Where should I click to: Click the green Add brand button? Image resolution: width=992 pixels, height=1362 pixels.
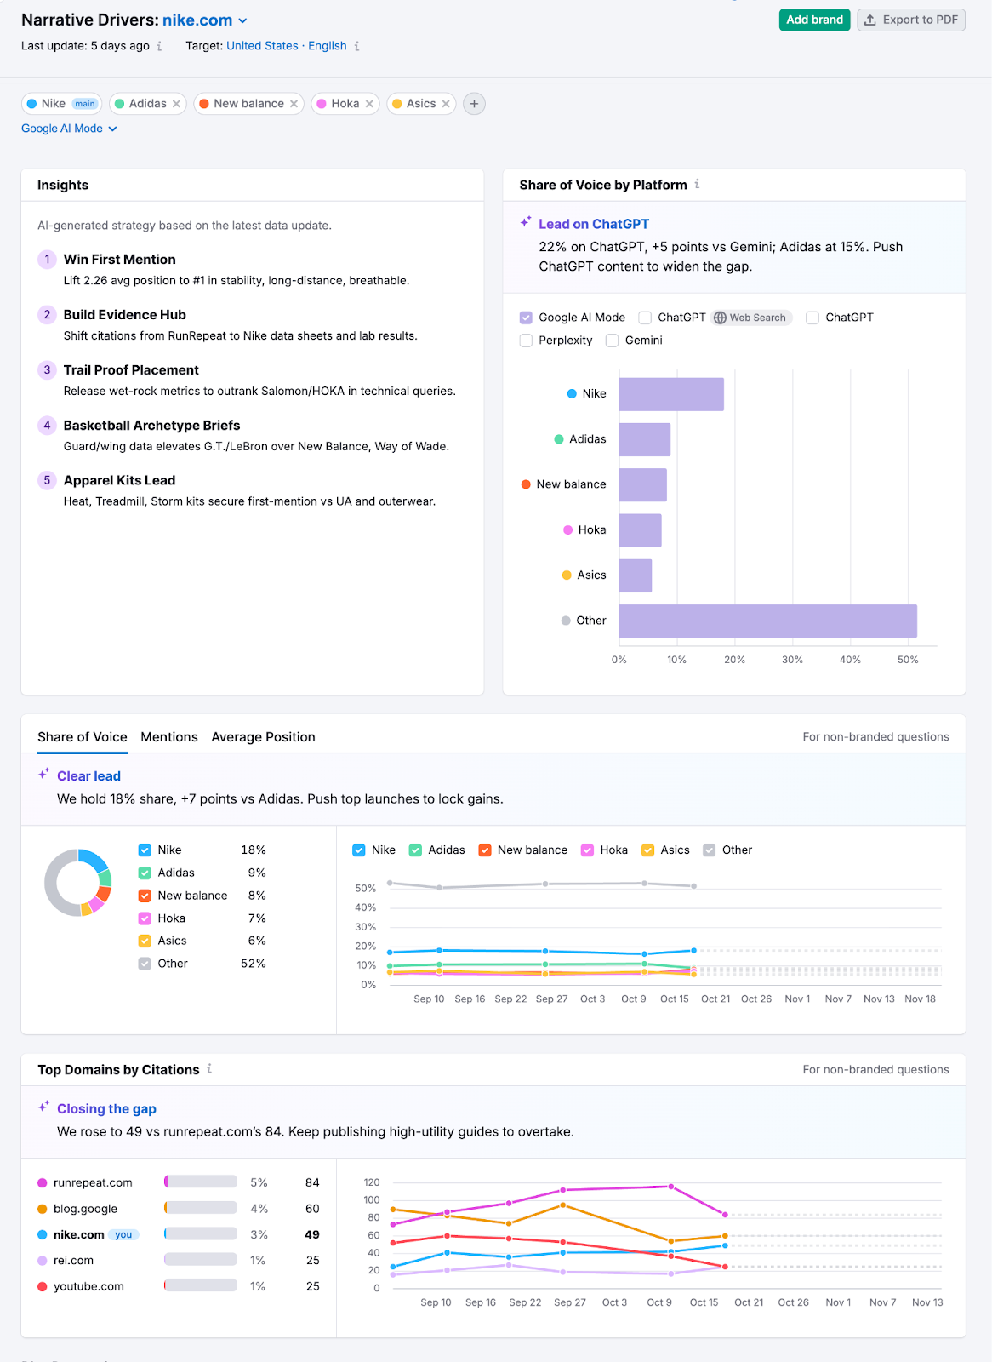click(x=814, y=20)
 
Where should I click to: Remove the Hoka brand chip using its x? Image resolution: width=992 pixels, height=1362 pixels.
click(x=369, y=104)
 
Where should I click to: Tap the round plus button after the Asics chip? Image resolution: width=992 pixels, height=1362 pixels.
click(x=474, y=104)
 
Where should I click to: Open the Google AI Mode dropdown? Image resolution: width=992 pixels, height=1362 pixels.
click(x=69, y=129)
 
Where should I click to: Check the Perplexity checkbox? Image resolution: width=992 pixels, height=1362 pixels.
click(x=526, y=340)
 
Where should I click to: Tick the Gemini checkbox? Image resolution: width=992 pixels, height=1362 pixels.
click(x=612, y=340)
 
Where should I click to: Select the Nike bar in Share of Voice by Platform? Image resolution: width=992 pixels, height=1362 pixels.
click(x=670, y=394)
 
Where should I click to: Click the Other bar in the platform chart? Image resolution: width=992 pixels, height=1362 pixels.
click(x=767, y=621)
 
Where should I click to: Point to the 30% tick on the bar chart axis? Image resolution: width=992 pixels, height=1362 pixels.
click(x=792, y=660)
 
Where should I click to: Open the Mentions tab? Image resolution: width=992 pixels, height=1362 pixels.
click(x=168, y=737)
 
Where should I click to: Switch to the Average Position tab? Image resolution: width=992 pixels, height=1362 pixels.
click(x=263, y=737)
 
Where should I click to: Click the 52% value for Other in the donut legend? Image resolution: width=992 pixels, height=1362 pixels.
click(x=253, y=964)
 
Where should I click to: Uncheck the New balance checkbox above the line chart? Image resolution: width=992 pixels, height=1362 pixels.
click(x=485, y=850)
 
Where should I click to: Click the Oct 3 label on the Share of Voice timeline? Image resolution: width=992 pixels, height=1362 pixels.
click(x=592, y=999)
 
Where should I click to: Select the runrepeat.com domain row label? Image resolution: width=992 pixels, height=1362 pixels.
click(x=93, y=1182)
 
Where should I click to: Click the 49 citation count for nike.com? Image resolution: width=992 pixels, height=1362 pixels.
click(x=312, y=1234)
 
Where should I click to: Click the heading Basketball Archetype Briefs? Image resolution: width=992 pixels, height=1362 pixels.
click(x=151, y=426)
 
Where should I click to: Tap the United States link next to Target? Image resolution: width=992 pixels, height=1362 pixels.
click(x=262, y=46)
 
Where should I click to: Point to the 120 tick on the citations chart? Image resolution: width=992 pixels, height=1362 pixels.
click(x=372, y=1182)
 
